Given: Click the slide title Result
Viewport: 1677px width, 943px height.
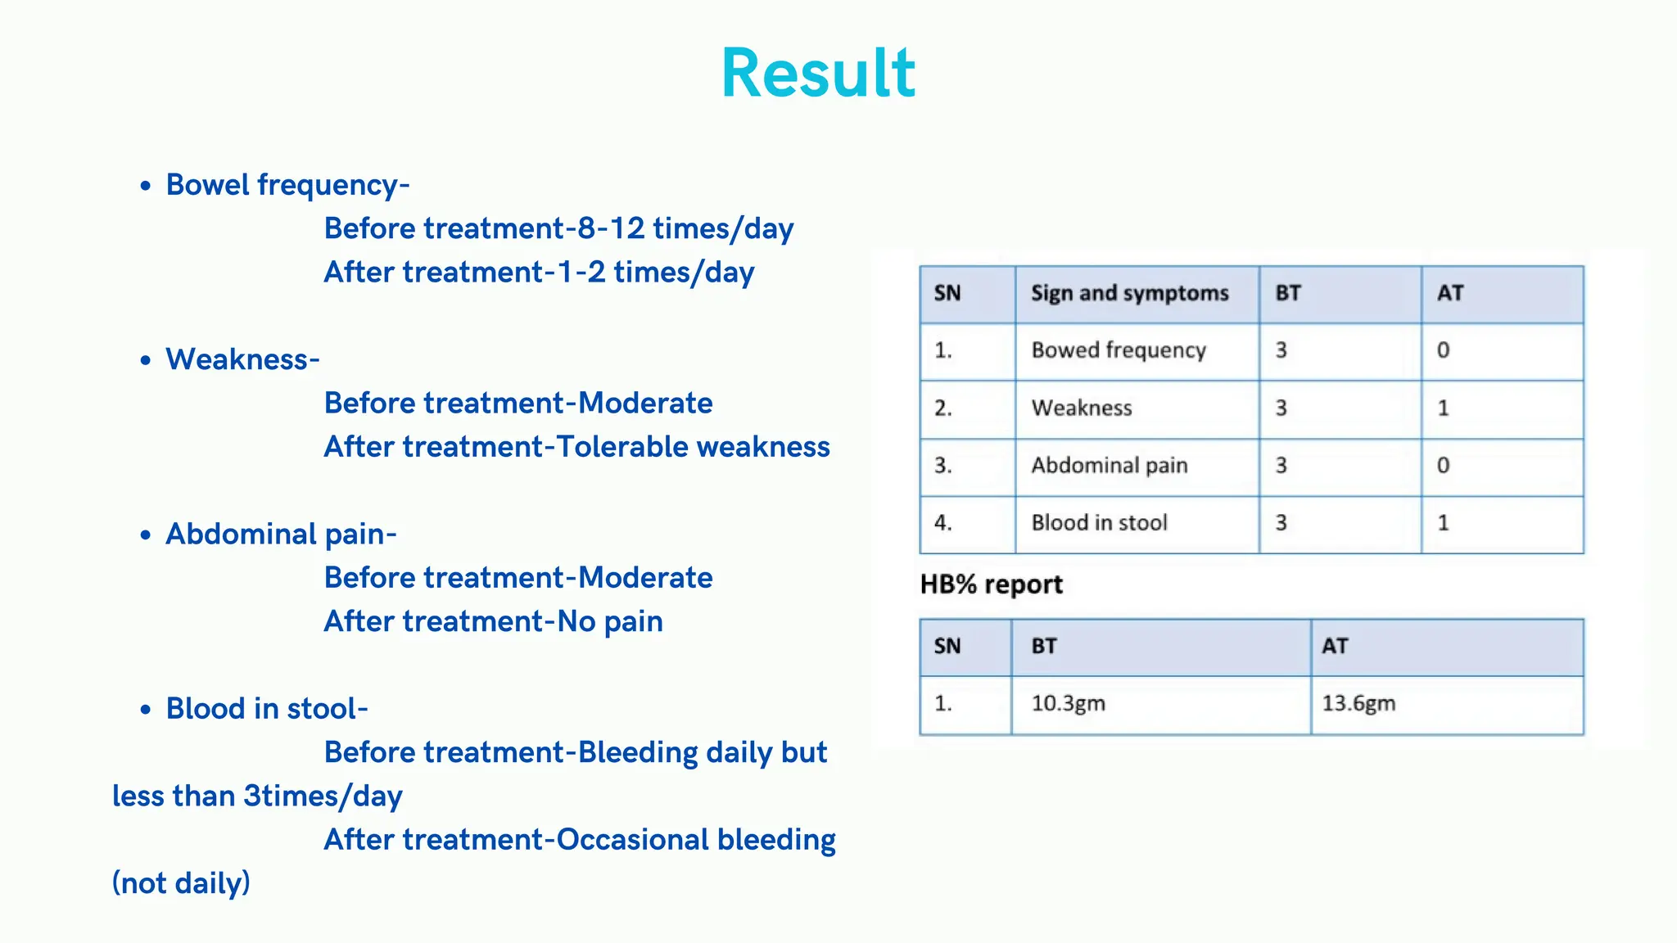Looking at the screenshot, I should point(818,74).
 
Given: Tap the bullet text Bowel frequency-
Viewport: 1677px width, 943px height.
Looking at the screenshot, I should point(287,185).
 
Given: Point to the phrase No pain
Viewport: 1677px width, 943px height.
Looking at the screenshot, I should point(610,621).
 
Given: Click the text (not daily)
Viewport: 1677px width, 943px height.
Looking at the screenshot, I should point(181,883).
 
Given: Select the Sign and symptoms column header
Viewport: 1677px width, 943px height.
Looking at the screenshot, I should point(1129,293).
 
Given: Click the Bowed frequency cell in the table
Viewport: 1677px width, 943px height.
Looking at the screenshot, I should point(1118,350).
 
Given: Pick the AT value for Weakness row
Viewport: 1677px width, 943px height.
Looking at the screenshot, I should point(1443,408).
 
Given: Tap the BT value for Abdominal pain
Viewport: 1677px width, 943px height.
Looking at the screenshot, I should point(1281,465).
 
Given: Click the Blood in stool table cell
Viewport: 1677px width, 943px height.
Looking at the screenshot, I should point(1099,522).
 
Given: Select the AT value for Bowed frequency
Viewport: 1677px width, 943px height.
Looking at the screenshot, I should point(1443,350).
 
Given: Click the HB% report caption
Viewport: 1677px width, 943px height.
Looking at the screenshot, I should point(991,584).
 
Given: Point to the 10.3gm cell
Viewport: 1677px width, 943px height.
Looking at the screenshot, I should point(1068,703).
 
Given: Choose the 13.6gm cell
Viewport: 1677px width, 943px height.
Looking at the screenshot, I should point(1358,703).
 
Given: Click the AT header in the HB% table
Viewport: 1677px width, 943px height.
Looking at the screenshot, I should point(1335,646).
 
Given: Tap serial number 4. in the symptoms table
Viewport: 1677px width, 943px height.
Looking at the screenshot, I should point(943,522).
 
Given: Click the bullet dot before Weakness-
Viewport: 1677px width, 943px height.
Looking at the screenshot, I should point(146,360).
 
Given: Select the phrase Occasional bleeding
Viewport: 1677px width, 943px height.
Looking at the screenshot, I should point(696,840).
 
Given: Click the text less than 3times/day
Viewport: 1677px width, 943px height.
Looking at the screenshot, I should point(257,796).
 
